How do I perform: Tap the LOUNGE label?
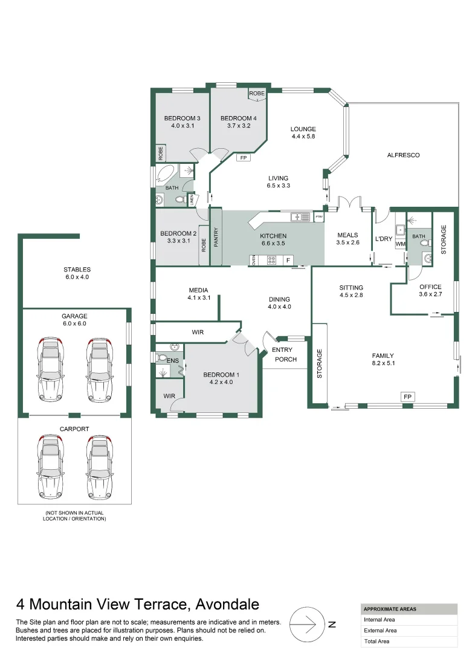(303, 129)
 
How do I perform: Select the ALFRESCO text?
(403, 155)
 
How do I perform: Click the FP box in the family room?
(408, 397)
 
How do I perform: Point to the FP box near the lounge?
(244, 158)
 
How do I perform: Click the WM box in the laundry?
(400, 244)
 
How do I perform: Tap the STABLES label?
(77, 270)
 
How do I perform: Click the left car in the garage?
(51, 370)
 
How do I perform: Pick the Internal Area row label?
(380, 619)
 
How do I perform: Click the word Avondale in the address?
(225, 604)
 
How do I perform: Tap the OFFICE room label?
(430, 287)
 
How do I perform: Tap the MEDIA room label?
(198, 290)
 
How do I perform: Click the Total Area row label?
(376, 642)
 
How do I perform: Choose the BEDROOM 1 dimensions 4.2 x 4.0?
(221, 382)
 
